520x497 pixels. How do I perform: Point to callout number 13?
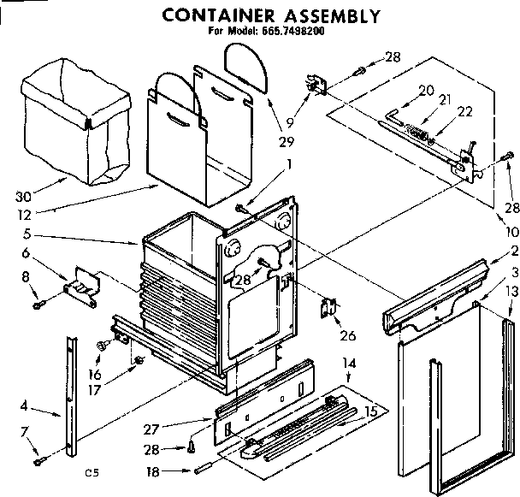pos(511,293)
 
